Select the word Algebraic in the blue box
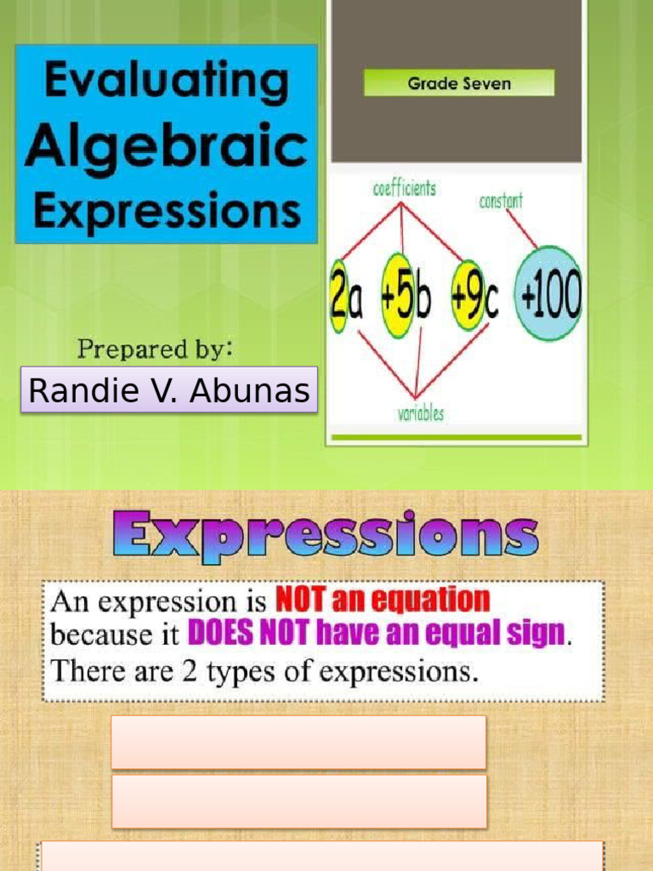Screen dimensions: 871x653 (x=166, y=145)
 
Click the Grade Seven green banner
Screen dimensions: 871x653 (x=458, y=83)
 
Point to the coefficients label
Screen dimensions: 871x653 (x=404, y=189)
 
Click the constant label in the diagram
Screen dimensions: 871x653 (x=501, y=201)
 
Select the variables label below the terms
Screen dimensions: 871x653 (x=420, y=414)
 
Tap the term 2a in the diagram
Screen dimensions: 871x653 (x=346, y=300)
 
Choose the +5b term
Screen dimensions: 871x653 (x=408, y=299)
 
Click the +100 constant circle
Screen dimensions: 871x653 (x=549, y=294)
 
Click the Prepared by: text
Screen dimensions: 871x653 (x=156, y=349)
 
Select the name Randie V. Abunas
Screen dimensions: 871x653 (x=168, y=390)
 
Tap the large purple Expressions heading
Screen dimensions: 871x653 (x=326, y=536)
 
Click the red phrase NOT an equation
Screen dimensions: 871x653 (x=382, y=601)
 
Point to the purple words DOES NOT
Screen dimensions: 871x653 (x=243, y=634)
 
